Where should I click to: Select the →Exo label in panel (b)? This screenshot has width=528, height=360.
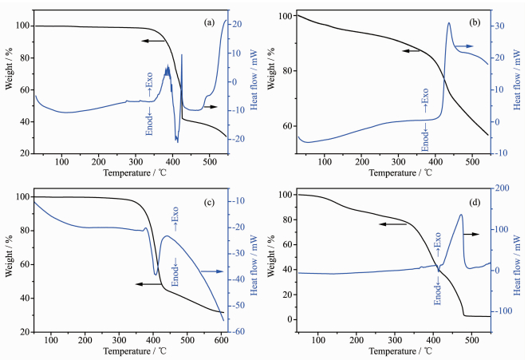[x=424, y=103]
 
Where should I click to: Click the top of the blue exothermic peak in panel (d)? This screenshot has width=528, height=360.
[x=461, y=214]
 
